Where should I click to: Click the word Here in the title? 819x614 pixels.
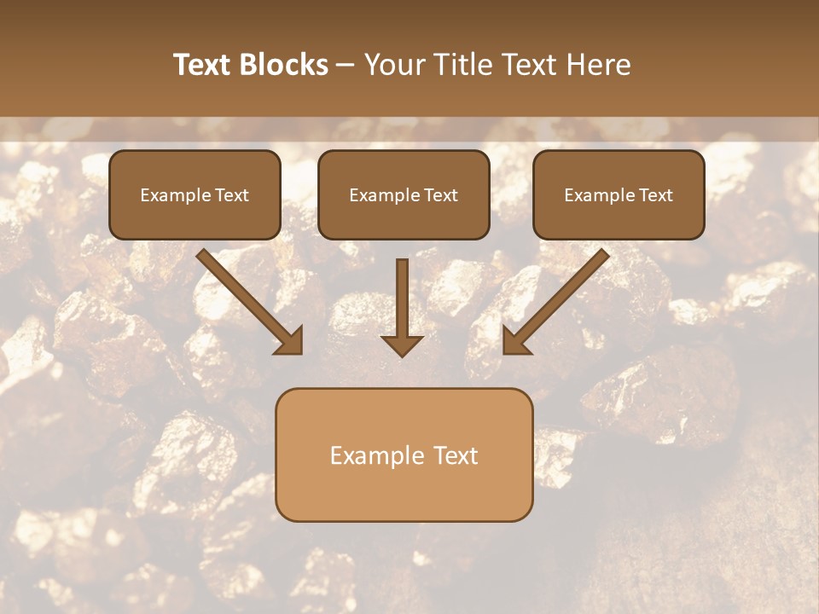[x=600, y=65]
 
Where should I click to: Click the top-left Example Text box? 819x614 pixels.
[x=195, y=194]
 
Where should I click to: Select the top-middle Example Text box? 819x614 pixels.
[x=404, y=194]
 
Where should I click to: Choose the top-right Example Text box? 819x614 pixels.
[x=619, y=194]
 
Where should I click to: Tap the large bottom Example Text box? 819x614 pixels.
[x=404, y=455]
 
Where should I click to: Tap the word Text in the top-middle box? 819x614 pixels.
[x=441, y=195]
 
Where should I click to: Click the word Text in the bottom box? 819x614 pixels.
[x=456, y=455]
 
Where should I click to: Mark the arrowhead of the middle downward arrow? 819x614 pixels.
[x=402, y=344]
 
